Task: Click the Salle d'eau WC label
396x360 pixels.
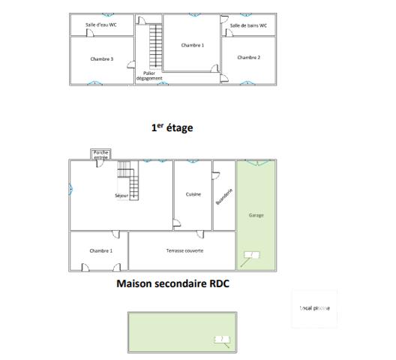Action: [x=100, y=24]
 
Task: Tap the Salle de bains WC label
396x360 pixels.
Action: [x=248, y=25]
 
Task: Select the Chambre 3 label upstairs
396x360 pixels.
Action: [x=101, y=58]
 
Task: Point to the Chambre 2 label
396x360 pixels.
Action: [x=248, y=57]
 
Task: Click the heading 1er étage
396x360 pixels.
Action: [x=172, y=127]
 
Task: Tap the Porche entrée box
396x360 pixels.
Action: [x=100, y=155]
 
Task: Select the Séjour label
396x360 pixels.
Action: [x=122, y=195]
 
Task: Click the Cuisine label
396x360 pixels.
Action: [x=193, y=194]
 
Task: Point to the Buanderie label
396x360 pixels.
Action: [x=223, y=196]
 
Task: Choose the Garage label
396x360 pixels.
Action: [x=256, y=215]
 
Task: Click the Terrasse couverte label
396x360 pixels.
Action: [x=184, y=250]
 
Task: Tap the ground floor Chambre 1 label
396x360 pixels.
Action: [x=100, y=250]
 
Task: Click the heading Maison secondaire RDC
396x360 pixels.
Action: [x=172, y=284]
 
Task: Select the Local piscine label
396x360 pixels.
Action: [x=314, y=308]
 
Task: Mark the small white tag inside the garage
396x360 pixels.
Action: [x=251, y=255]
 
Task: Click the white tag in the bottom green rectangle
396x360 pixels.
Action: [x=222, y=340]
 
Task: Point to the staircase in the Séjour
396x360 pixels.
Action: [x=128, y=182]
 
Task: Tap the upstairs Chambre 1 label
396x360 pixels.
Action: [x=193, y=45]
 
